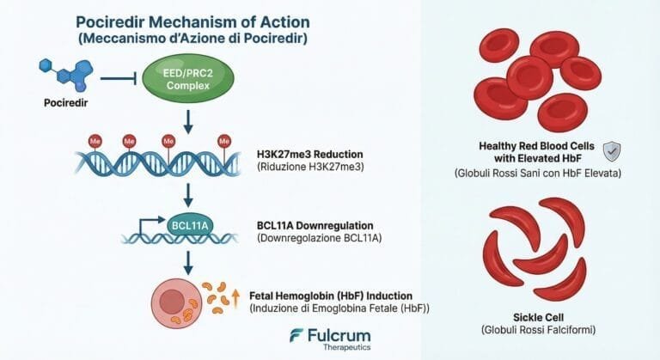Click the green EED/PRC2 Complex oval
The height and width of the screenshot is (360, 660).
(188, 79)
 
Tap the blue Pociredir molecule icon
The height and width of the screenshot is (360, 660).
(67, 75)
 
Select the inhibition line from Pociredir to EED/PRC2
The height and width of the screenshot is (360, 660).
(119, 78)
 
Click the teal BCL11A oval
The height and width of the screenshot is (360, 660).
(190, 226)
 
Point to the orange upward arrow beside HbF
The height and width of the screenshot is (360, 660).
(235, 298)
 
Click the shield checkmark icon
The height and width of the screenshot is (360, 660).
(612, 151)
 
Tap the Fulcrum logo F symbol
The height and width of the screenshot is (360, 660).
(296, 335)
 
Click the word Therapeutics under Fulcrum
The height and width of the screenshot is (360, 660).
(347, 347)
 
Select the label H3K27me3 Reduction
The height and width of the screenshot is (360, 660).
(309, 154)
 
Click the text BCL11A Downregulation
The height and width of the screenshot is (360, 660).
(315, 226)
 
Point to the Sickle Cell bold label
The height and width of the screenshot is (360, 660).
(538, 318)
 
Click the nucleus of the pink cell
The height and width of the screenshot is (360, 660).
(172, 302)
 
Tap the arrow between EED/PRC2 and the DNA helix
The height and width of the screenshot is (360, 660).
(188, 122)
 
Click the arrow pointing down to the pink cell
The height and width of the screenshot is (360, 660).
(188, 263)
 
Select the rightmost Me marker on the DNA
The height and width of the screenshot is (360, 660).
(224, 141)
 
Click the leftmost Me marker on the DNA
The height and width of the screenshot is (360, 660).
(95, 142)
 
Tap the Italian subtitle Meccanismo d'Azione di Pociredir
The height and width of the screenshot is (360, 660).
(192, 39)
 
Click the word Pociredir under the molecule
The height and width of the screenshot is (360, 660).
(65, 103)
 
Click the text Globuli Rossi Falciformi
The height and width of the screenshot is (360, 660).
(538, 330)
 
